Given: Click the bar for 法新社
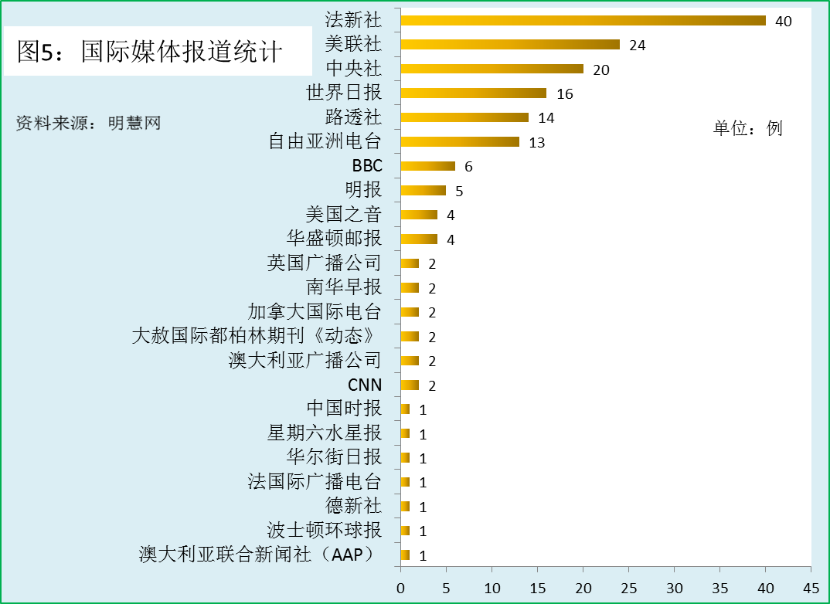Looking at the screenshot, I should (583, 21).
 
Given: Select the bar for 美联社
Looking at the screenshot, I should (510, 45).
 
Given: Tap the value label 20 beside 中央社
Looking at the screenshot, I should (600, 70).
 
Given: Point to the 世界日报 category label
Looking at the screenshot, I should (344, 93).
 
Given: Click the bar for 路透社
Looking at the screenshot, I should (464, 117).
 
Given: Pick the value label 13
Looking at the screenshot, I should (536, 143).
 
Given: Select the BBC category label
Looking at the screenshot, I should (367, 166).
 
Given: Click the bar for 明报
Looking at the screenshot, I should (423, 190).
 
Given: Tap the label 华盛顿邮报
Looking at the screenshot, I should (334, 239).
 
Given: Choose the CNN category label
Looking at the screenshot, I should (365, 385).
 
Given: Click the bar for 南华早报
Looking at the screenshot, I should (410, 288).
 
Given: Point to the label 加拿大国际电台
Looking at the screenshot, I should (315, 312).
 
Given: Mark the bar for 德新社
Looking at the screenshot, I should (405, 506).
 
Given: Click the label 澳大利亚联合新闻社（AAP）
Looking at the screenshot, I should (260, 555).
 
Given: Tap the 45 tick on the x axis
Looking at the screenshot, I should (811, 588).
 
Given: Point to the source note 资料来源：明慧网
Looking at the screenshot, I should (88, 123).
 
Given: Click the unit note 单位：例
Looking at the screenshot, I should (747, 128).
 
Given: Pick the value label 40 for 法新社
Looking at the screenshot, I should (783, 22).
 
